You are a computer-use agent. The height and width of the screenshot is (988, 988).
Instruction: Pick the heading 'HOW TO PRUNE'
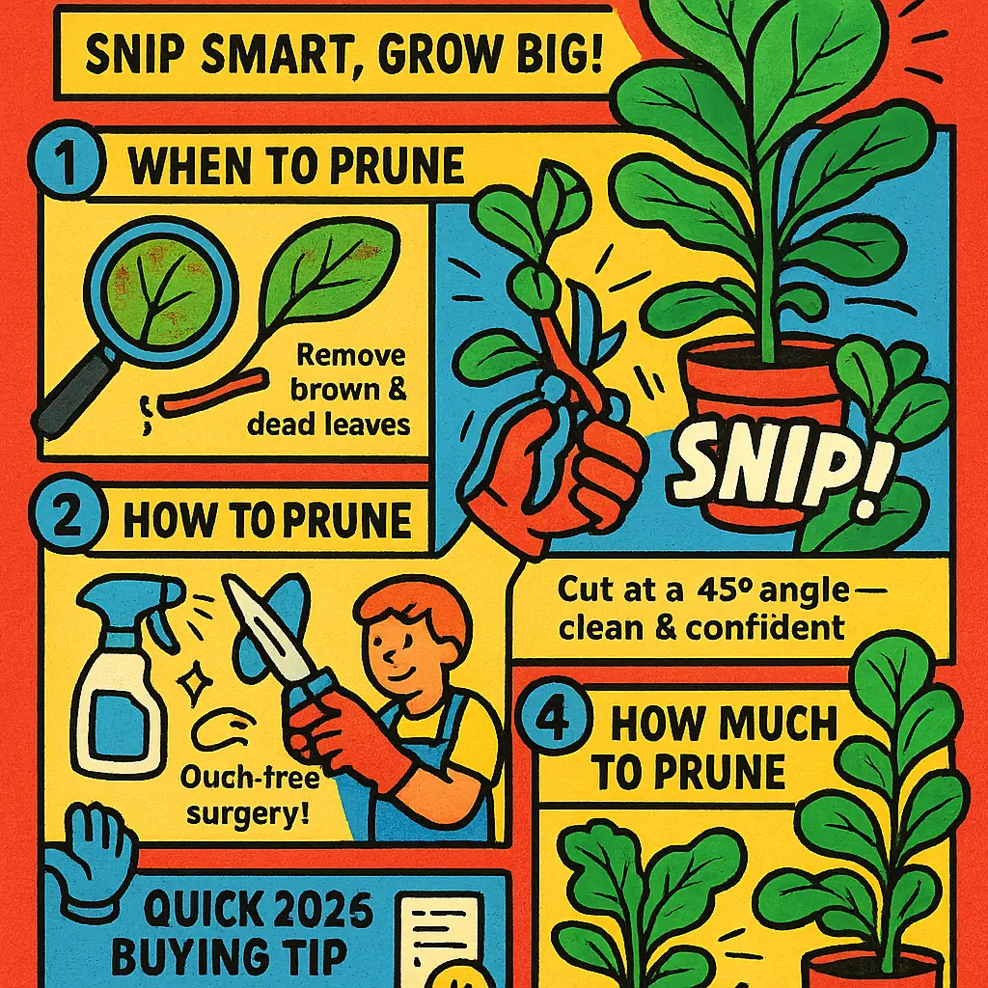pos(266,521)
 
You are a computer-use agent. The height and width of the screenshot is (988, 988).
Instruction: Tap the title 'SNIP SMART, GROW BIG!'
pos(343,59)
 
